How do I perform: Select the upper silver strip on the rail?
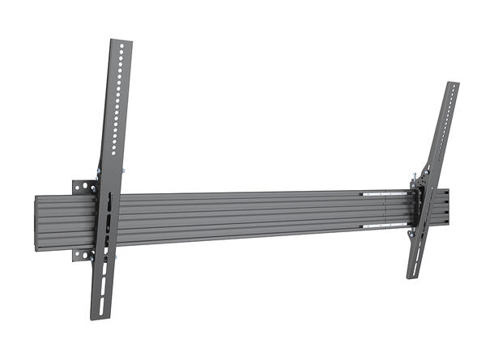pyautogui.click(x=385, y=194)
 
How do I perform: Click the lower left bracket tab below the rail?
pyautogui.click(x=82, y=254)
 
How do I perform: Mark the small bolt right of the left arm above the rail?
pyautogui.click(x=123, y=172)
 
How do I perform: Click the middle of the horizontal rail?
pyautogui.click(x=243, y=217)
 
